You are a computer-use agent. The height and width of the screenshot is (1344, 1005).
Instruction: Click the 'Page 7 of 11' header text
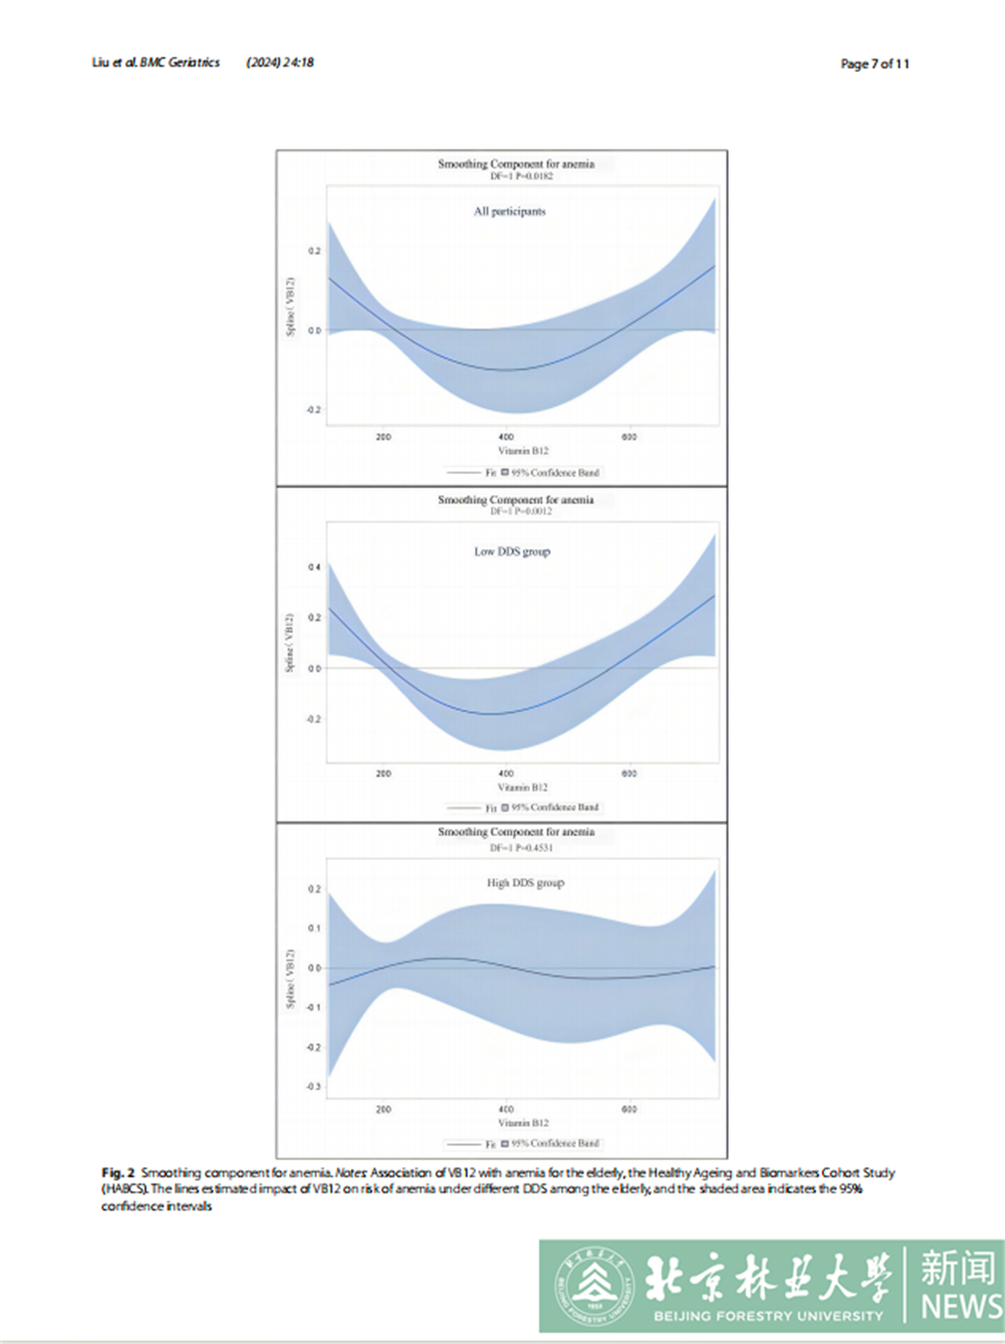coord(874,64)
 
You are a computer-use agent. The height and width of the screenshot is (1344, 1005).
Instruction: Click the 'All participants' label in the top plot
coord(509,212)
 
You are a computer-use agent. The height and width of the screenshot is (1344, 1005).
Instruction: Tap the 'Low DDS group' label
coord(512,551)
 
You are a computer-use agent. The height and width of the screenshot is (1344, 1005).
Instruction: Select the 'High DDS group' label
coord(525,883)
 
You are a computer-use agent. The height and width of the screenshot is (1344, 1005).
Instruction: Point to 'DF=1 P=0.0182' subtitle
coord(521,177)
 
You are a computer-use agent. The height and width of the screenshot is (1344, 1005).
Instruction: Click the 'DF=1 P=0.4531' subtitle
coord(521,848)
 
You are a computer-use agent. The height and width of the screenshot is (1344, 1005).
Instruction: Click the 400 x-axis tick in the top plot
coord(506,437)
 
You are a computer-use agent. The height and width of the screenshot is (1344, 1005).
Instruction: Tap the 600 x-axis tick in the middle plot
coord(629,773)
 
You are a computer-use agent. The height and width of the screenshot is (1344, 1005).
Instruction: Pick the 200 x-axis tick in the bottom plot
coord(383,1109)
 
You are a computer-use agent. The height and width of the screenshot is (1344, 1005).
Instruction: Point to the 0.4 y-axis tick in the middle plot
coord(314,567)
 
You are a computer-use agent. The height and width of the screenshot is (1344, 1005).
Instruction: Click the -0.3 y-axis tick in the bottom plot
coord(313,1086)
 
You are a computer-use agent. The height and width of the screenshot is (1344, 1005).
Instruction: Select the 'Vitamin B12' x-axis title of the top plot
coord(523,451)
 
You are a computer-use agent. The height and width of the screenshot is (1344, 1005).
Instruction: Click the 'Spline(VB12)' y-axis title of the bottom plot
coord(291,978)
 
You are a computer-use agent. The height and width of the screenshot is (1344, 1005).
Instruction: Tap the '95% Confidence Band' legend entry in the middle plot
coord(554,808)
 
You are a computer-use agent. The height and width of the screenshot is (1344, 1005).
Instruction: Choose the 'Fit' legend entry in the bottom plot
coord(491,1144)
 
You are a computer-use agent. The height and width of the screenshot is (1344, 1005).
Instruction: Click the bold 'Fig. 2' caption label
coord(118,1173)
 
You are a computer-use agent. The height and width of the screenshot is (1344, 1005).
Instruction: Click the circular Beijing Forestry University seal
coord(595,1286)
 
